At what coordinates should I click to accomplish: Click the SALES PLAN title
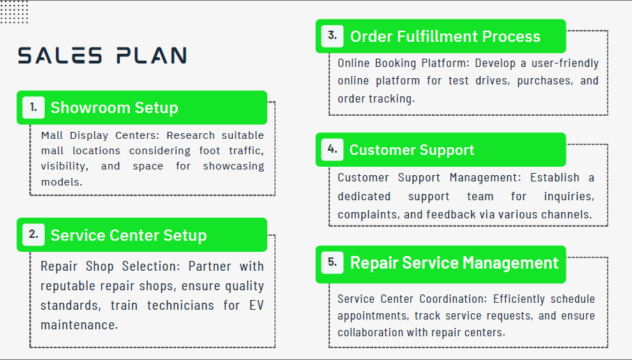[103, 56]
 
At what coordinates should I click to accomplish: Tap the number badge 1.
[33, 107]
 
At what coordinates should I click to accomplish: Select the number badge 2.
[33, 234]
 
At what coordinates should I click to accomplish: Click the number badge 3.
[333, 36]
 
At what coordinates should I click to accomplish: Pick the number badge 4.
[333, 149]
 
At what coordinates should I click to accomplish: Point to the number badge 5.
[333, 263]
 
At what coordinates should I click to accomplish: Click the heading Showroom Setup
[114, 108]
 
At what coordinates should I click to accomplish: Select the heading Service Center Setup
[128, 235]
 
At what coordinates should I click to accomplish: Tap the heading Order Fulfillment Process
[445, 37]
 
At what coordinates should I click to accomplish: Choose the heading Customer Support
[412, 151]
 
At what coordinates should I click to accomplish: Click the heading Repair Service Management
[454, 263]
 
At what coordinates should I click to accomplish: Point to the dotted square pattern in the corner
[14, 12]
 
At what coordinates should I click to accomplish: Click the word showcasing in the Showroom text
[234, 167]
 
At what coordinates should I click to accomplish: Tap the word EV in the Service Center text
[256, 305]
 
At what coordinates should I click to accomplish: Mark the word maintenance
[79, 325]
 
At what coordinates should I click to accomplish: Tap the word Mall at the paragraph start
[52, 135]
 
